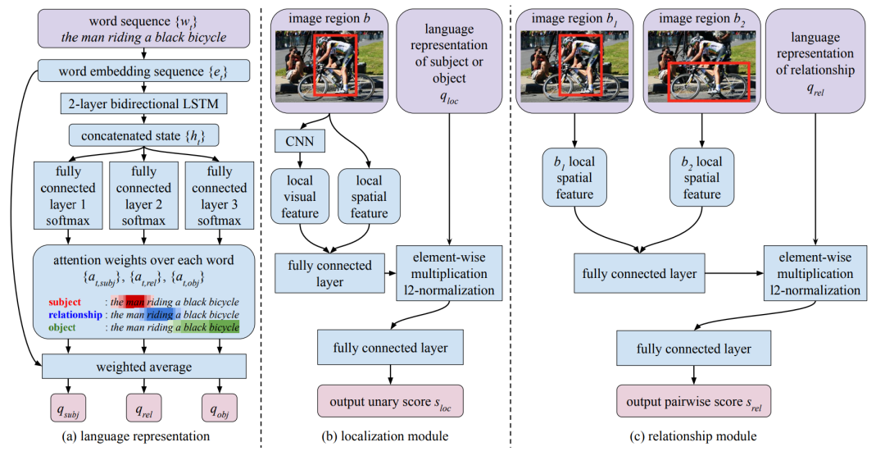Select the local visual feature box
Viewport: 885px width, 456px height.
click(300, 196)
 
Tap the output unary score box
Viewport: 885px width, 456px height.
click(390, 402)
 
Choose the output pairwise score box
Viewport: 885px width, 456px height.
click(694, 402)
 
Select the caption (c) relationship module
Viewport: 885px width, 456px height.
click(693, 436)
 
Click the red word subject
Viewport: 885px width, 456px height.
click(65, 302)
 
